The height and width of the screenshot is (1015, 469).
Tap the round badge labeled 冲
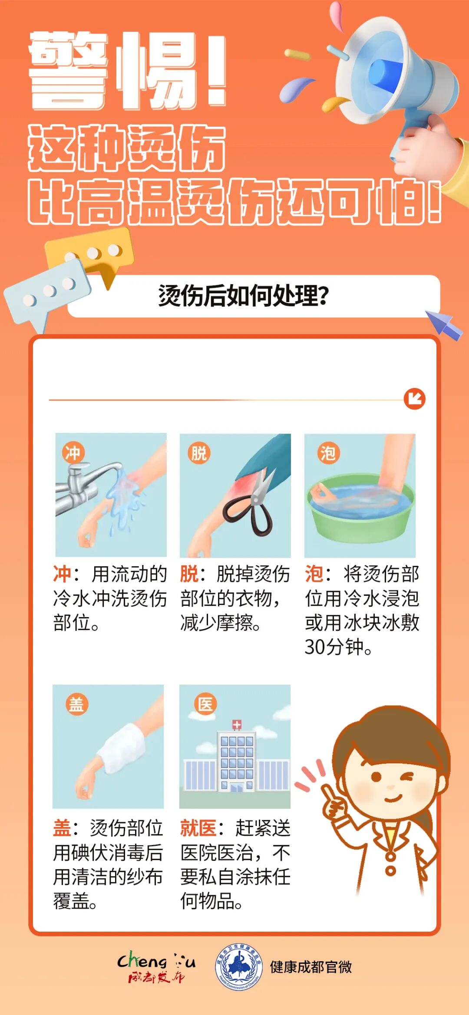coord(73,453)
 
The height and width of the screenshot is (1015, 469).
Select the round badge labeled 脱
coord(199,453)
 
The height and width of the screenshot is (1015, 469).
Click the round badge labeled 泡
coord(328,453)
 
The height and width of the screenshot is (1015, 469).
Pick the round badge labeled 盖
coord(76,704)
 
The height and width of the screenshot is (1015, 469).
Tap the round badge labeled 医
coord(205,704)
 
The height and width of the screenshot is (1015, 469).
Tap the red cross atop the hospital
coord(237,724)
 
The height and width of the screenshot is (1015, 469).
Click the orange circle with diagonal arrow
coord(415,399)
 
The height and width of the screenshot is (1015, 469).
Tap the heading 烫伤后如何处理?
coord(244,296)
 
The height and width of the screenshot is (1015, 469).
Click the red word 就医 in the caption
coord(198,828)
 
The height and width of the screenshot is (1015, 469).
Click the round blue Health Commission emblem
coord(238,966)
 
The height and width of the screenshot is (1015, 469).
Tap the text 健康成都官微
coord(311,967)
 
